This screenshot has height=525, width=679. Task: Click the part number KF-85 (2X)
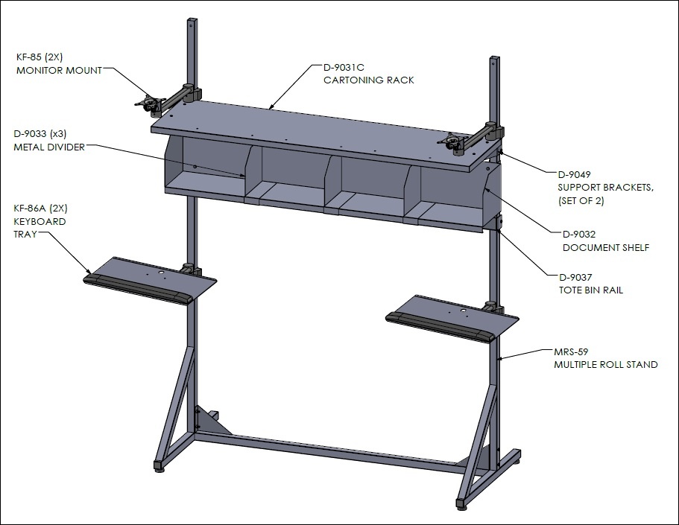pos(40,57)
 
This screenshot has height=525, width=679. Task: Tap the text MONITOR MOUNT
pos(60,70)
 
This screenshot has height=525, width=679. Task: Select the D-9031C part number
pos(344,68)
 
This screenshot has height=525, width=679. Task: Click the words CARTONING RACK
pos(368,80)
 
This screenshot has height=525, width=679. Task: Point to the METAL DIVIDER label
pos(49,147)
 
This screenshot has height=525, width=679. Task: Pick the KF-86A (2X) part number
pos(41,209)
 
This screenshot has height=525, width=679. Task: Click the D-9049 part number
pos(574,175)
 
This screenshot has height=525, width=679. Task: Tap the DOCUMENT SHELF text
pos(606,247)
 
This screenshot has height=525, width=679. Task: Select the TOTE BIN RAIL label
pos(590,290)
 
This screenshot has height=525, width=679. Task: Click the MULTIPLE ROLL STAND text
pos(606,365)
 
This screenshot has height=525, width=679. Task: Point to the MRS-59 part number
pos(571,352)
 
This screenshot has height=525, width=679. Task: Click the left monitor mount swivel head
pos(149,105)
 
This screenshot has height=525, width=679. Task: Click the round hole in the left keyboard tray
pos(162,273)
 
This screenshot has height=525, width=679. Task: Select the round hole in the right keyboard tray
pos(463,311)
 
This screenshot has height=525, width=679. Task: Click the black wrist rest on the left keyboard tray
pos(138,289)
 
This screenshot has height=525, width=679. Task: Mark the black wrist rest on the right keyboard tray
pos(440,327)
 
